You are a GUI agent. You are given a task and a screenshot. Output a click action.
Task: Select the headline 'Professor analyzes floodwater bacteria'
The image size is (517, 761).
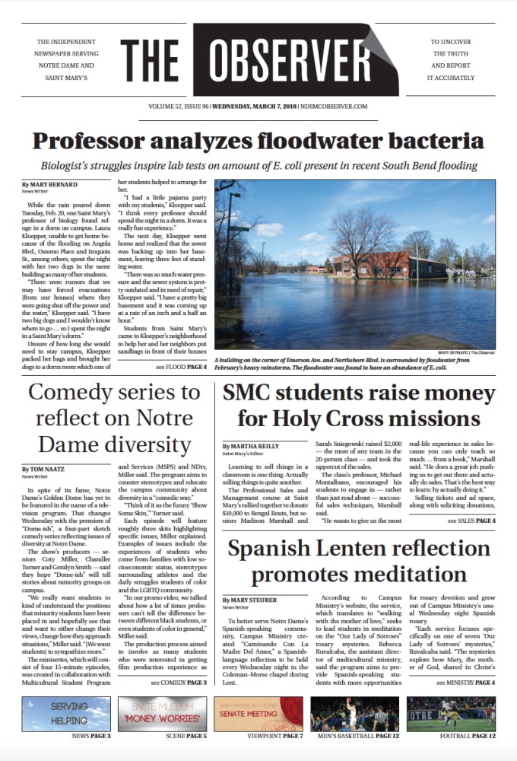(258, 141)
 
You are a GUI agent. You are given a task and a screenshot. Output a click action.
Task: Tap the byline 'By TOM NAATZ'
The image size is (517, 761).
(45, 470)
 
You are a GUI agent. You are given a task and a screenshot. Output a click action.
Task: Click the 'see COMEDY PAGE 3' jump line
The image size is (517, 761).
(179, 683)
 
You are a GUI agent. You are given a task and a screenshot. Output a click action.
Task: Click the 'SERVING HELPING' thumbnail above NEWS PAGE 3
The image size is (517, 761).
(66, 714)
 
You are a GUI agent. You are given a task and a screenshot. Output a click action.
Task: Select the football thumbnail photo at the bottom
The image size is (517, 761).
(451, 714)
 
